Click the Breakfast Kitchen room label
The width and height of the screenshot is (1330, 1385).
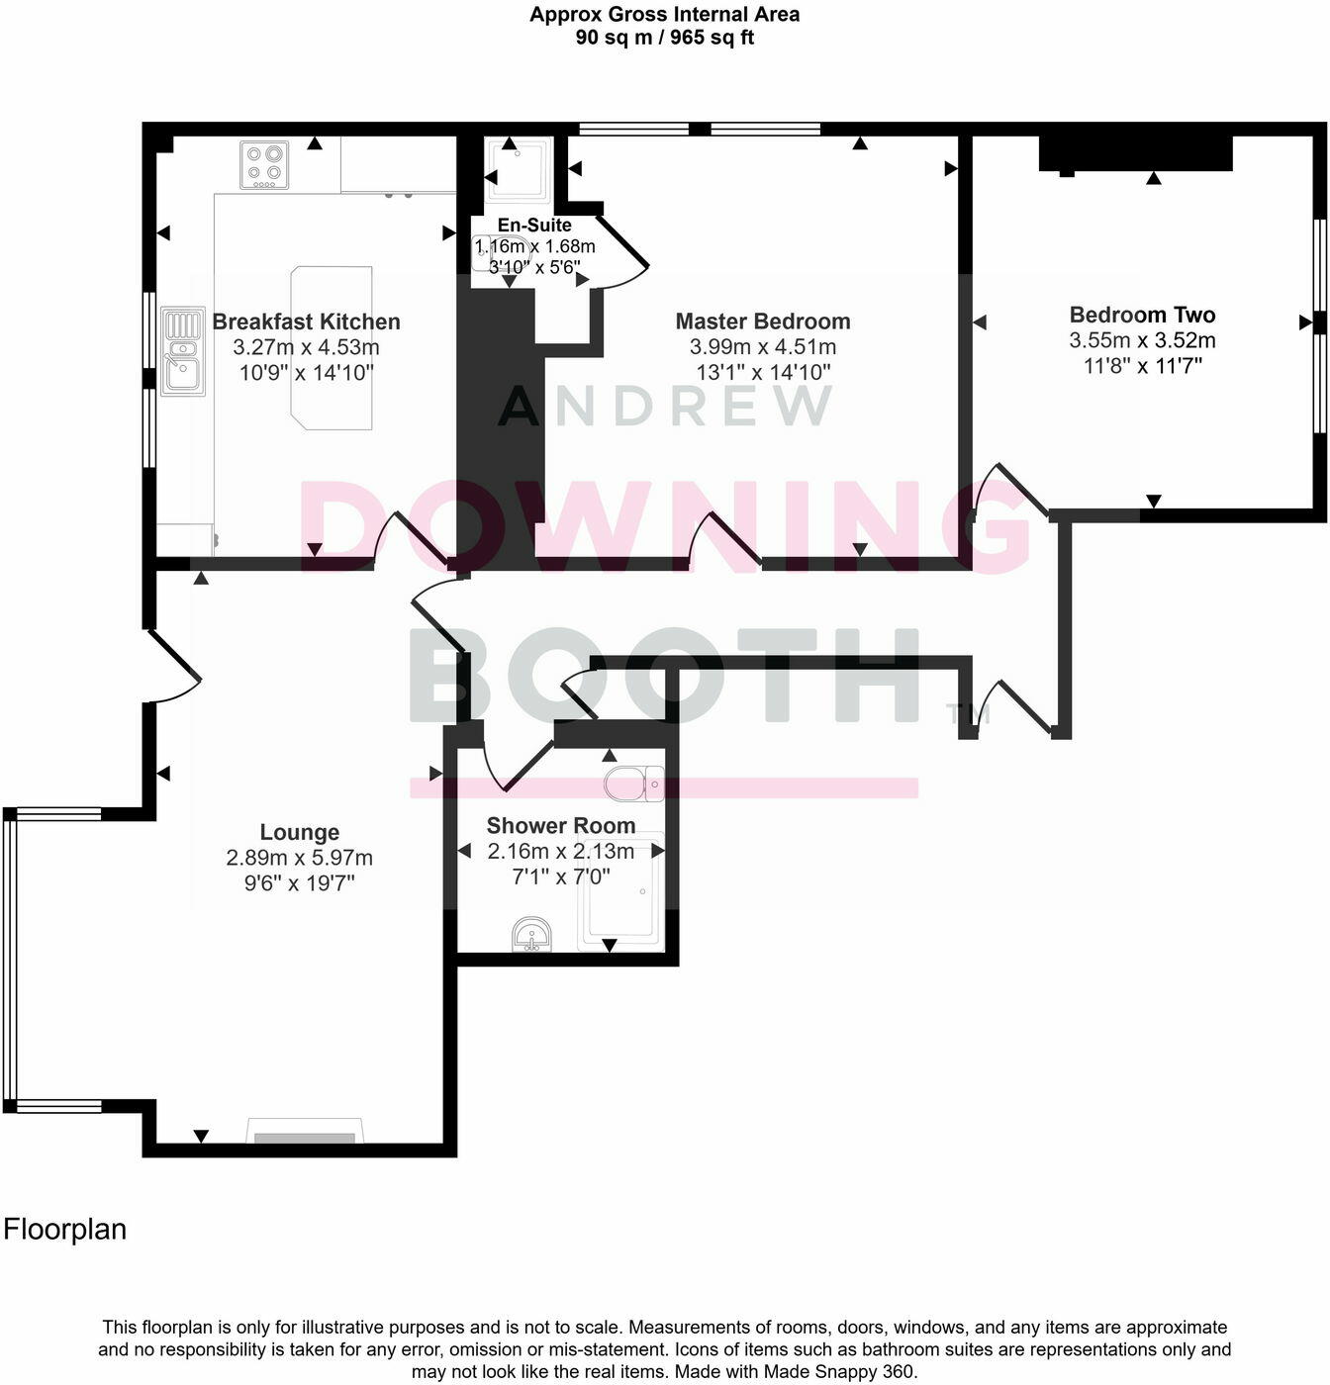click(306, 322)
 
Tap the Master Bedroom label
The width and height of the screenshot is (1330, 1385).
click(763, 322)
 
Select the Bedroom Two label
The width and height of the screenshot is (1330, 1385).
click(1142, 315)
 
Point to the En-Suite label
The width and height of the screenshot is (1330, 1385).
click(534, 226)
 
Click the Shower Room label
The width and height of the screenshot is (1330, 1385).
click(561, 825)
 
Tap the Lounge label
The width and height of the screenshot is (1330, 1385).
click(299, 832)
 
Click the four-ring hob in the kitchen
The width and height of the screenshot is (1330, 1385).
click(264, 164)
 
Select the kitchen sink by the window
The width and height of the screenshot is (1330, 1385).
click(183, 351)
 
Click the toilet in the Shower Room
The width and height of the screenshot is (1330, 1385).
click(634, 784)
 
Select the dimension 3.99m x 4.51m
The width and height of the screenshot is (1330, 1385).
click(763, 347)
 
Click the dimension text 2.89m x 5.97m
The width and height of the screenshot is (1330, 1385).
click(299, 858)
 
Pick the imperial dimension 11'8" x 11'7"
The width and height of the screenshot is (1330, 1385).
click(1142, 366)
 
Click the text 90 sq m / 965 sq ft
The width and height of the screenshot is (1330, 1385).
click(664, 38)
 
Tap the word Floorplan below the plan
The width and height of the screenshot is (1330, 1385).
click(65, 1229)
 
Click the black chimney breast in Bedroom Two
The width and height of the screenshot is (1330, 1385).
click(1135, 153)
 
